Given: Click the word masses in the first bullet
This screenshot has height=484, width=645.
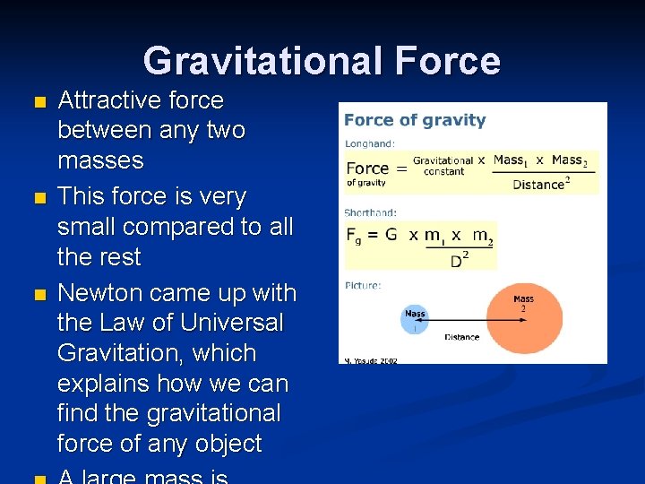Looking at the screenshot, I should pos(100,160).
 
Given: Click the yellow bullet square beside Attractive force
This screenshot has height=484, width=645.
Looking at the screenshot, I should pos(37,101).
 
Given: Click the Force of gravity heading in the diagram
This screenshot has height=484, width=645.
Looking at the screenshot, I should pos(415,120).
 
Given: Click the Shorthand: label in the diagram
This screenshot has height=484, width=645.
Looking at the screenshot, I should pos(370,212).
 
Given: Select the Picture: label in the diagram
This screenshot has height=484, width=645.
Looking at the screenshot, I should pos(363,285).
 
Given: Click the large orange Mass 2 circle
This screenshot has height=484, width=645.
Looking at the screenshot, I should pos(524,319).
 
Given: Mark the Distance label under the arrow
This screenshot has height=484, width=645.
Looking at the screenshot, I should pos(461,337).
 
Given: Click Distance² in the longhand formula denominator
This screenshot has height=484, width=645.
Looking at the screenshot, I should pos(541,185).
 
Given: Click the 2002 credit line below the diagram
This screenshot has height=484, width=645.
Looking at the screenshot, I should pos(371,360).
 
